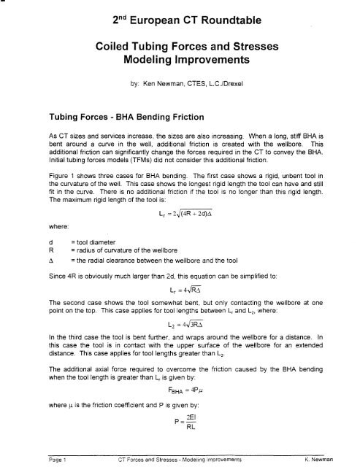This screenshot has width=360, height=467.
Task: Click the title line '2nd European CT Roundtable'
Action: (179, 20)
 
